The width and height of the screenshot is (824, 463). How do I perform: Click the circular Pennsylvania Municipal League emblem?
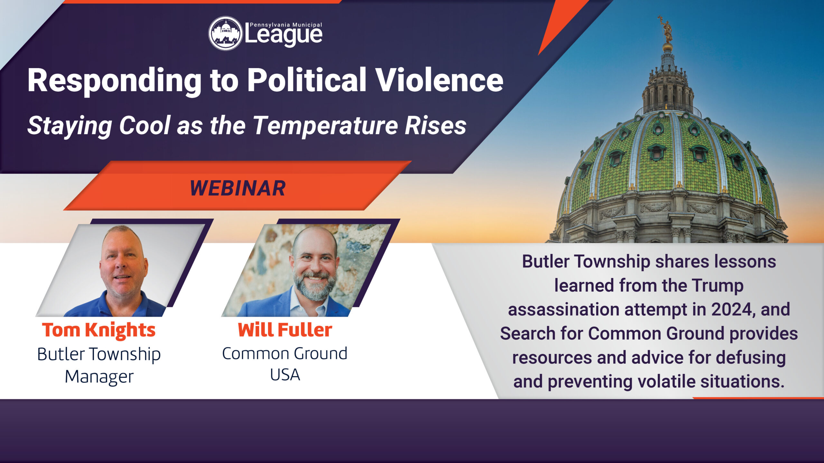click(x=225, y=33)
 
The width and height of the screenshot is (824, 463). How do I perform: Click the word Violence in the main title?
click(x=440, y=80)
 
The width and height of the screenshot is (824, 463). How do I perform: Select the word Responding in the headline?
click(x=115, y=82)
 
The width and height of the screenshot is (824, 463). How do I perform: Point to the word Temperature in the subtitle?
click(x=325, y=126)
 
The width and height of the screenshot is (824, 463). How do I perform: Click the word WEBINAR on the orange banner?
click(x=238, y=188)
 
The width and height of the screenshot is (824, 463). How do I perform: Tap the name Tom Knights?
click(x=99, y=331)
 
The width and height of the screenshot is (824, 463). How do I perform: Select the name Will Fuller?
click(x=285, y=330)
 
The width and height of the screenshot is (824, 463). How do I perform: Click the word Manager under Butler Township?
click(x=99, y=377)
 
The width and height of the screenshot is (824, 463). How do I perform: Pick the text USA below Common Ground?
click(x=285, y=375)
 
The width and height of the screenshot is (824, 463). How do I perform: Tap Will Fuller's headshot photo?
click(x=306, y=270)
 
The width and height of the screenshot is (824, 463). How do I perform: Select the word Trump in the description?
click(x=717, y=286)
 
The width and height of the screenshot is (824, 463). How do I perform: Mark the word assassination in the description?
click(x=564, y=309)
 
